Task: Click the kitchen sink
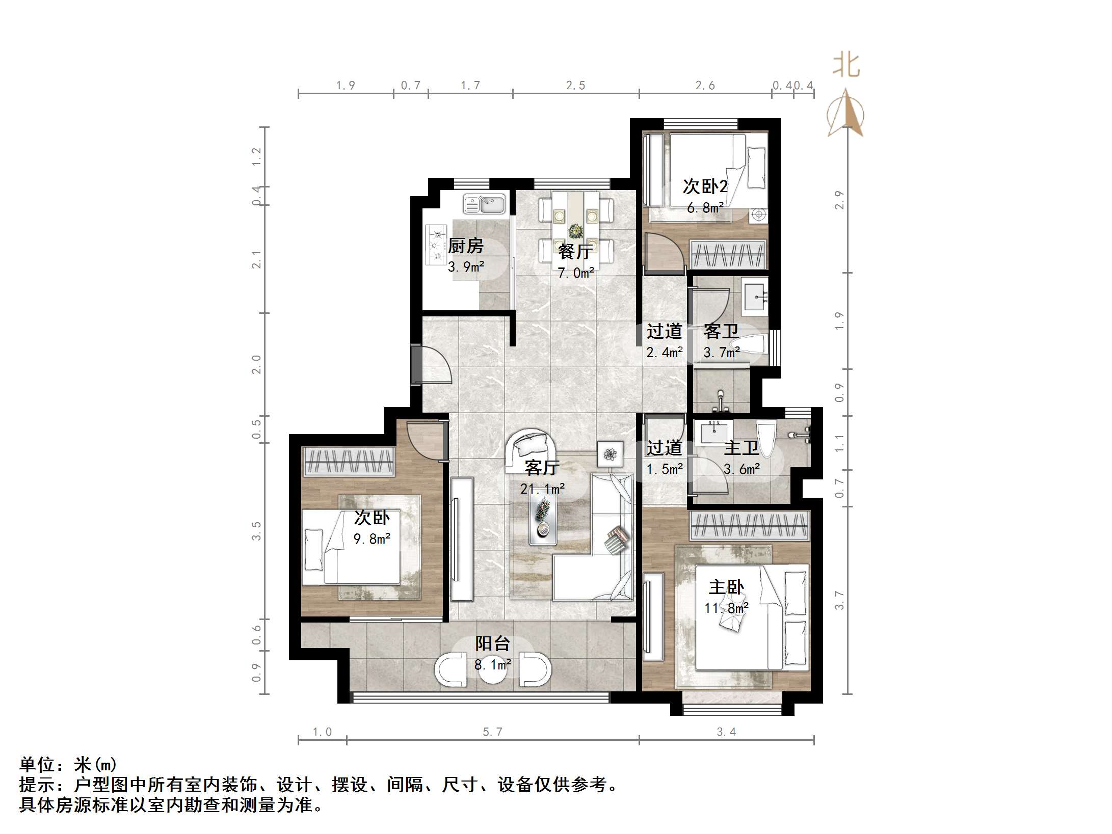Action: pos(484,205)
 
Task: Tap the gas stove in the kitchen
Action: pos(437,246)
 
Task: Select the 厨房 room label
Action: pos(465,246)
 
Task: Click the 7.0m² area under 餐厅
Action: pos(575,273)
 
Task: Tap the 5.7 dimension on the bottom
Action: pos(492,732)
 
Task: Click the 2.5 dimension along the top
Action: pos(575,86)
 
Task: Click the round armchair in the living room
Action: pos(530,448)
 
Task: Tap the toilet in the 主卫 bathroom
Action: pos(766,438)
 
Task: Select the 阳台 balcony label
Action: pos(492,643)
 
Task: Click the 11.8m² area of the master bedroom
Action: pos(726,608)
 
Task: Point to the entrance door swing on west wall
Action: pos(433,364)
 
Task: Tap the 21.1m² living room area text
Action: pos(542,489)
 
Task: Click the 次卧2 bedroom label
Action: pos(705,186)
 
